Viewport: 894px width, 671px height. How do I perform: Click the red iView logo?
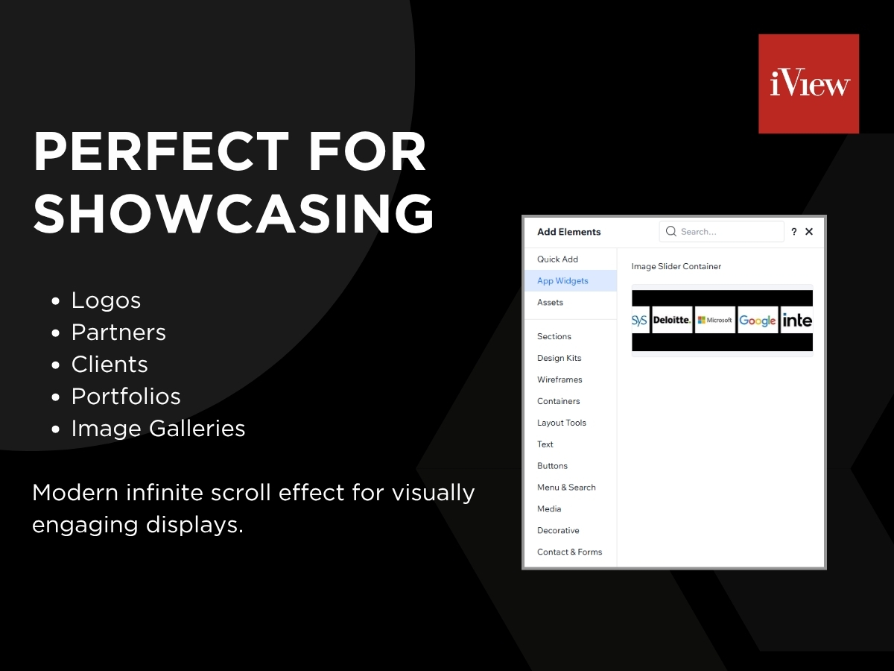pos(808,84)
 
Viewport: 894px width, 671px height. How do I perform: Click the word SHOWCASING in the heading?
pos(233,214)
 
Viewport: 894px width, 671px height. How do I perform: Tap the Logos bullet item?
pos(106,300)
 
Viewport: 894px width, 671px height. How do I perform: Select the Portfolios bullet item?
pos(126,397)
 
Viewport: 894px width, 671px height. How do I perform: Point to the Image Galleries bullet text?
pos(158,429)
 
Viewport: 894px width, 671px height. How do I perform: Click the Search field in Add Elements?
pos(721,231)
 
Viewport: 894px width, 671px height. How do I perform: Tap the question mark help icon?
pos(794,232)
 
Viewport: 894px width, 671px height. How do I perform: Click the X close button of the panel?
pos(809,231)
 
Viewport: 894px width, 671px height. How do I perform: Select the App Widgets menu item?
pos(562,281)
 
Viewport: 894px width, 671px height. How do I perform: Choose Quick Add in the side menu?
pos(557,259)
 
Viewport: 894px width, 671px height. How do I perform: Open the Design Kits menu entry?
pos(559,358)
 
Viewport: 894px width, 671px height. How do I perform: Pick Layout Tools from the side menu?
pos(561,423)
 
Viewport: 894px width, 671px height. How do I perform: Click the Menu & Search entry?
pos(566,488)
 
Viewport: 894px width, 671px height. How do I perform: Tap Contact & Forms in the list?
pos(569,552)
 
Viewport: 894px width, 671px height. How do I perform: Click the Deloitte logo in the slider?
pos(672,320)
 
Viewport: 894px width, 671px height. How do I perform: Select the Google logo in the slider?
pos(758,321)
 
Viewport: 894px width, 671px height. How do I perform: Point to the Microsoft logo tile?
pos(714,320)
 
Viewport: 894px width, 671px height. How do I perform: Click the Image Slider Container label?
pos(676,266)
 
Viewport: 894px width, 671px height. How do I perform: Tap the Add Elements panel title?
pos(568,232)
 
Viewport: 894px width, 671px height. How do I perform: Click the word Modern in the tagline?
pos(75,493)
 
